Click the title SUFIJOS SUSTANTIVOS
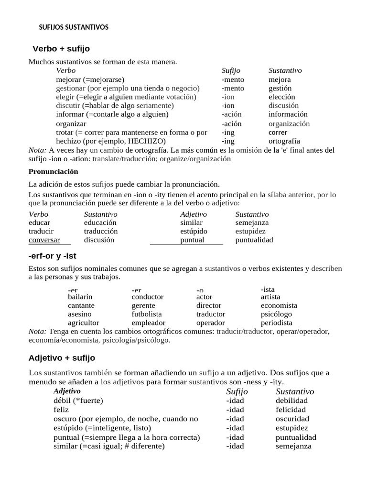point(74,27)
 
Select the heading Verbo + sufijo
point(61,49)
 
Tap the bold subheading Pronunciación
point(54,171)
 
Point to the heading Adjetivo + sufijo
point(62,357)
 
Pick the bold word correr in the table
point(278,132)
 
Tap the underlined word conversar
point(44,240)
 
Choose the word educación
point(100,223)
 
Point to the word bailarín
point(80,297)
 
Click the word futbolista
point(147,314)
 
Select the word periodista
point(277,323)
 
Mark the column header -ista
point(268,290)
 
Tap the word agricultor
point(84,323)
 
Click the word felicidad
point(291,410)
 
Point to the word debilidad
point(291,400)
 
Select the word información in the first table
point(288,114)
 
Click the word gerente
point(143,305)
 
